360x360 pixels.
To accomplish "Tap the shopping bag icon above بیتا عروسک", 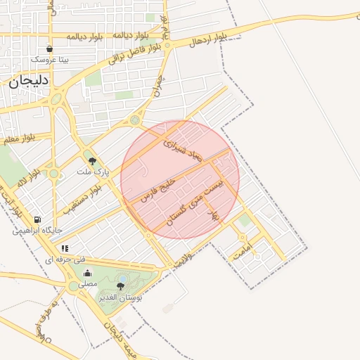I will (49, 49).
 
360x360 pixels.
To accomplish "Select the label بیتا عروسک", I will (49, 60).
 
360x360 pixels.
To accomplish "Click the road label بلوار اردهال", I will (207, 38).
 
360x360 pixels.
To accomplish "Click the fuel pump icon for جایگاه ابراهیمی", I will (37, 219).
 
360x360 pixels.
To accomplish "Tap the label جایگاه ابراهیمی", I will (37, 231).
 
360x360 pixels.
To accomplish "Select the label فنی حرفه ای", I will (59, 259).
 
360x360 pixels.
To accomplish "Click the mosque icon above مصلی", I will (87, 274).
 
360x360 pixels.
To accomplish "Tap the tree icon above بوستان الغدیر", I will (120, 286).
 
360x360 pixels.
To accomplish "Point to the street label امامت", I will (244, 254).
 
